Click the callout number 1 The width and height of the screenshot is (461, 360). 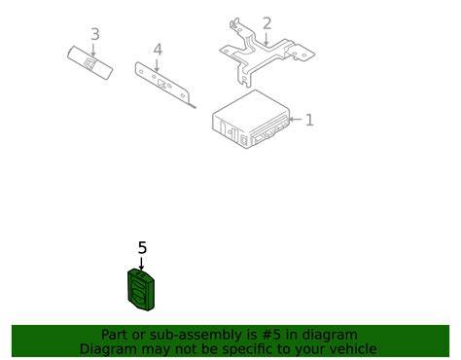click(x=309, y=120)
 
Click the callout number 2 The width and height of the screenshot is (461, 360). click(x=266, y=23)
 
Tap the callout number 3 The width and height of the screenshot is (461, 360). click(x=95, y=34)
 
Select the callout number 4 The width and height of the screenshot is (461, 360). click(x=158, y=50)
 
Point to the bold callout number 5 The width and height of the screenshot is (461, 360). click(x=142, y=248)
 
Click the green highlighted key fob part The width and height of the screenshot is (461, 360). click(x=141, y=290)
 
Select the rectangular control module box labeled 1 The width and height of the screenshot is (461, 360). click(x=250, y=120)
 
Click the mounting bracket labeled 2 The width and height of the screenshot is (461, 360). click(x=267, y=52)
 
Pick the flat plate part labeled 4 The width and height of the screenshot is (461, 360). click(x=161, y=83)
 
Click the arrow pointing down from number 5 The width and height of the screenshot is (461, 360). click(x=141, y=264)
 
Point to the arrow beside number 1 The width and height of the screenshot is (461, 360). click(x=295, y=120)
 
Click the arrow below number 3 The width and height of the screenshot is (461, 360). click(x=93, y=50)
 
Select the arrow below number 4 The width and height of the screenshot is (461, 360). click(x=157, y=65)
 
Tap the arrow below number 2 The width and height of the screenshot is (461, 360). click(x=266, y=39)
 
